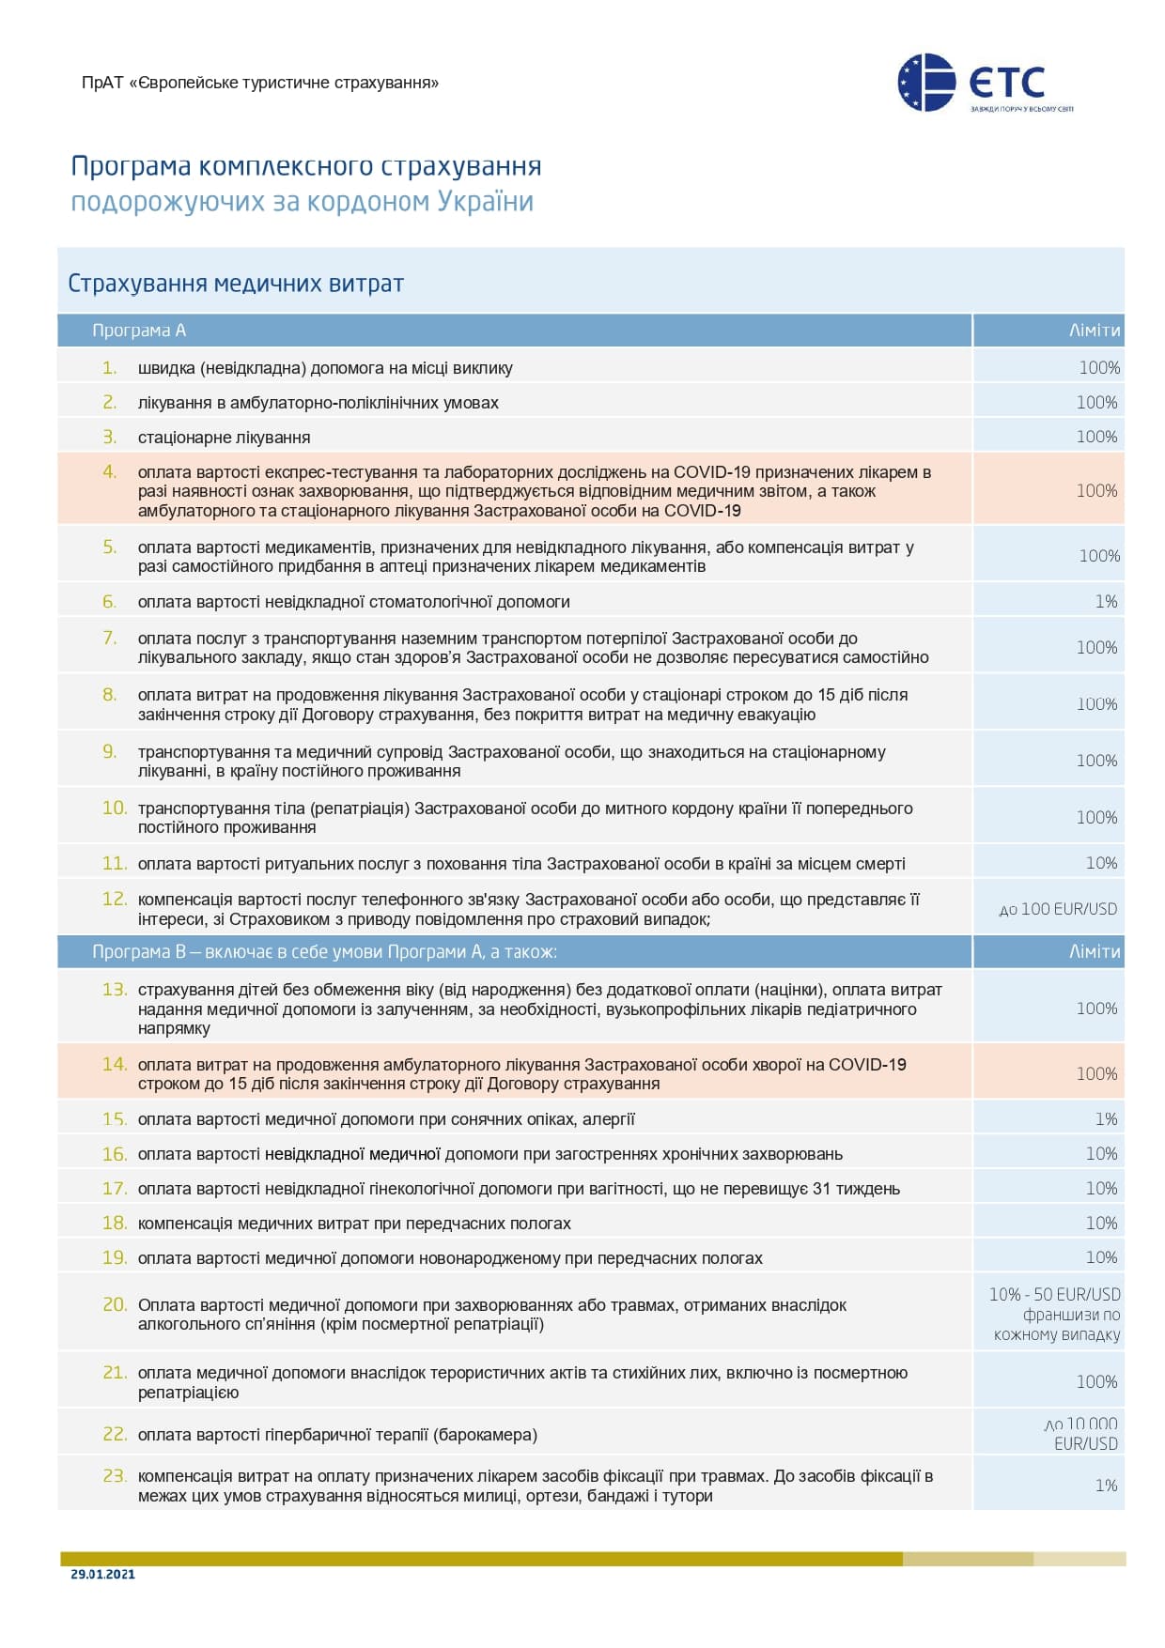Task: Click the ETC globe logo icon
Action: click(926, 83)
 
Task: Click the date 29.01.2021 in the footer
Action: click(102, 1574)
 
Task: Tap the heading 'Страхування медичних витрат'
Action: click(236, 284)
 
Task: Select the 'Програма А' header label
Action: click(139, 331)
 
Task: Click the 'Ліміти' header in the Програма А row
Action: click(1095, 331)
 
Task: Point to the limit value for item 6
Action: click(1106, 602)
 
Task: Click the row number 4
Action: click(110, 471)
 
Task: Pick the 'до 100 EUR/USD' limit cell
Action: click(1058, 909)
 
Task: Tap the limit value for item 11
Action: click(1101, 863)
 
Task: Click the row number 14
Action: click(115, 1064)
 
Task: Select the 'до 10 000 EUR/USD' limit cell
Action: click(1081, 1434)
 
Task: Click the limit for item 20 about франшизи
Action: click(1056, 1315)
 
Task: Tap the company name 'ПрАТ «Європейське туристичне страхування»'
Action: click(260, 83)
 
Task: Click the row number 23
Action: click(115, 1475)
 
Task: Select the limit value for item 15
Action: click(1106, 1119)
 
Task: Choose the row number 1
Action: click(110, 367)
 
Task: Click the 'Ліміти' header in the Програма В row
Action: click(1095, 951)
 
